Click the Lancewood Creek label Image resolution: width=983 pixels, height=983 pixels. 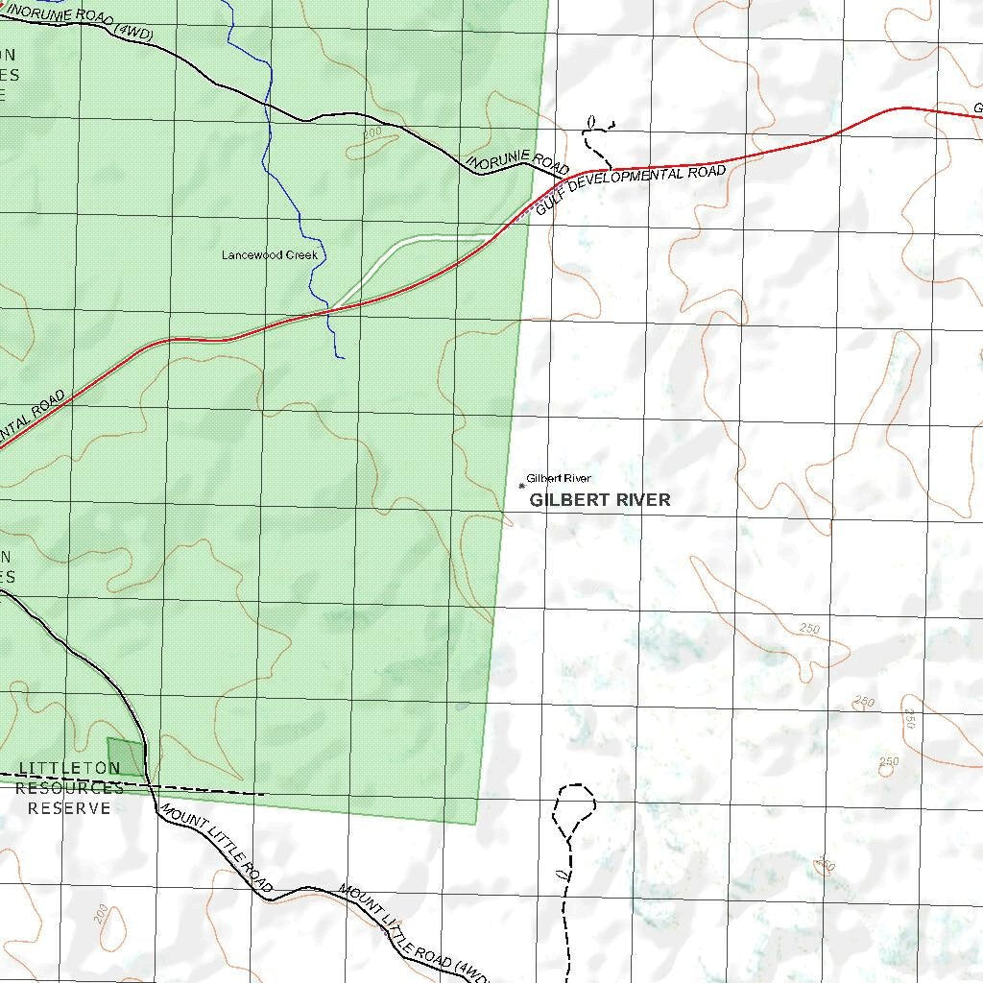pyautogui.click(x=269, y=255)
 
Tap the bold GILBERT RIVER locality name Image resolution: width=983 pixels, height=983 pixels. pyautogui.click(x=600, y=500)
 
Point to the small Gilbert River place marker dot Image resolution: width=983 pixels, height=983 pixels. pyautogui.click(x=521, y=484)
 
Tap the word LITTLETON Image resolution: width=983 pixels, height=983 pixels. pyautogui.click(x=69, y=768)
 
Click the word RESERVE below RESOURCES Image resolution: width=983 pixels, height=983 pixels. pyautogui.click(x=69, y=808)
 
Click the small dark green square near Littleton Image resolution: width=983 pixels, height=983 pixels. pyautogui.click(x=125, y=755)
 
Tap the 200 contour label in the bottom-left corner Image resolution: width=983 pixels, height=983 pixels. pyautogui.click(x=102, y=913)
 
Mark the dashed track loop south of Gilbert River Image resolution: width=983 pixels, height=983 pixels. pyautogui.click(x=574, y=806)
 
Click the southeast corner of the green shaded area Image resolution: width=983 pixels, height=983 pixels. pyautogui.click(x=476, y=824)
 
